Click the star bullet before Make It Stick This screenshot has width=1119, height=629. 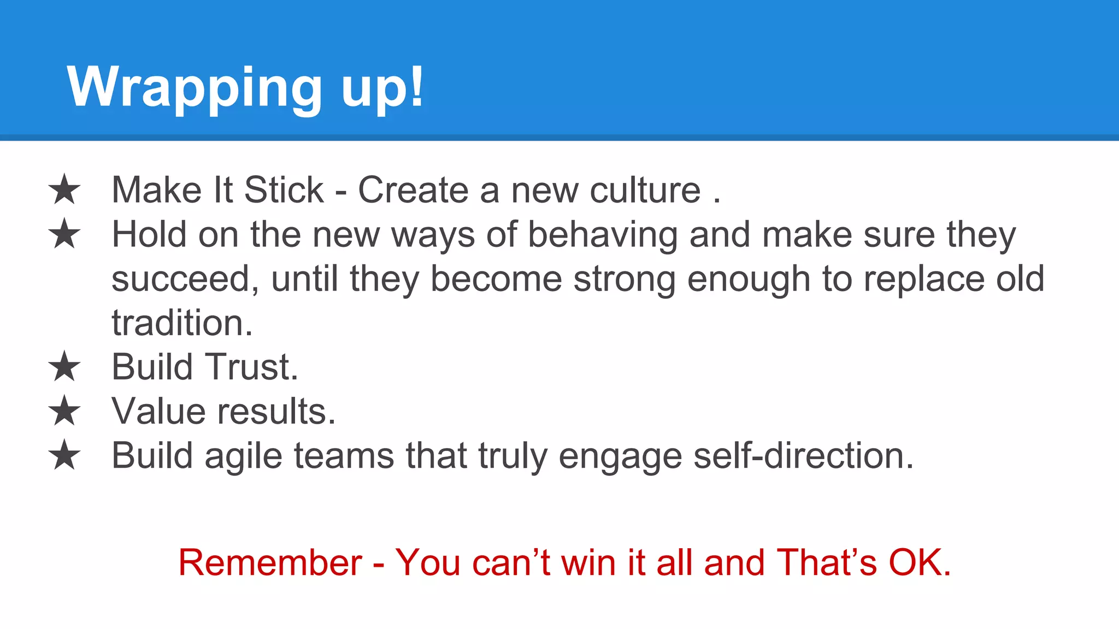[x=64, y=189]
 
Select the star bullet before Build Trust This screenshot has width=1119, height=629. [x=64, y=366]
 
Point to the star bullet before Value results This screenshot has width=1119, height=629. [x=64, y=411]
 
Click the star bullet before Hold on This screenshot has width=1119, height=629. [x=64, y=234]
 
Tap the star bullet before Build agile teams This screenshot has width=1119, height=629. [x=64, y=455]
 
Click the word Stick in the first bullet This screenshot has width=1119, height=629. [x=284, y=190]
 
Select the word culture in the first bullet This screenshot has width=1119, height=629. [x=645, y=190]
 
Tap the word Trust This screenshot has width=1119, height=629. [x=251, y=366]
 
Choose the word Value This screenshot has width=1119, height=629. [x=158, y=411]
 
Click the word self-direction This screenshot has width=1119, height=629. [x=803, y=455]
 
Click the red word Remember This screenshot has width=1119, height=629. [x=270, y=562]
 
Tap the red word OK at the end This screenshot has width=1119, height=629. [x=918, y=562]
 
